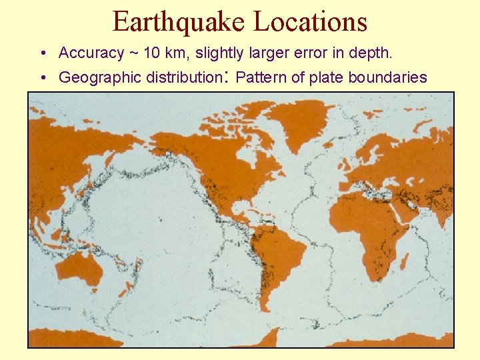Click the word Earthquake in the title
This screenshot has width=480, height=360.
click(x=179, y=22)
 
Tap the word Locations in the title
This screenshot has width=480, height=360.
click(x=311, y=22)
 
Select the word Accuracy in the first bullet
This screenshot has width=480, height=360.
click(x=91, y=53)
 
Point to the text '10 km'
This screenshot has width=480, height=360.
click(x=165, y=53)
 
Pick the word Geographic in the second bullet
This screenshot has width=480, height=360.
click(x=94, y=77)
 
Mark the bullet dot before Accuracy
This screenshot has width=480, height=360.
click(x=42, y=53)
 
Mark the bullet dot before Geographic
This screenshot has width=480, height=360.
click(x=42, y=78)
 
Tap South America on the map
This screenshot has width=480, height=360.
click(x=280, y=257)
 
